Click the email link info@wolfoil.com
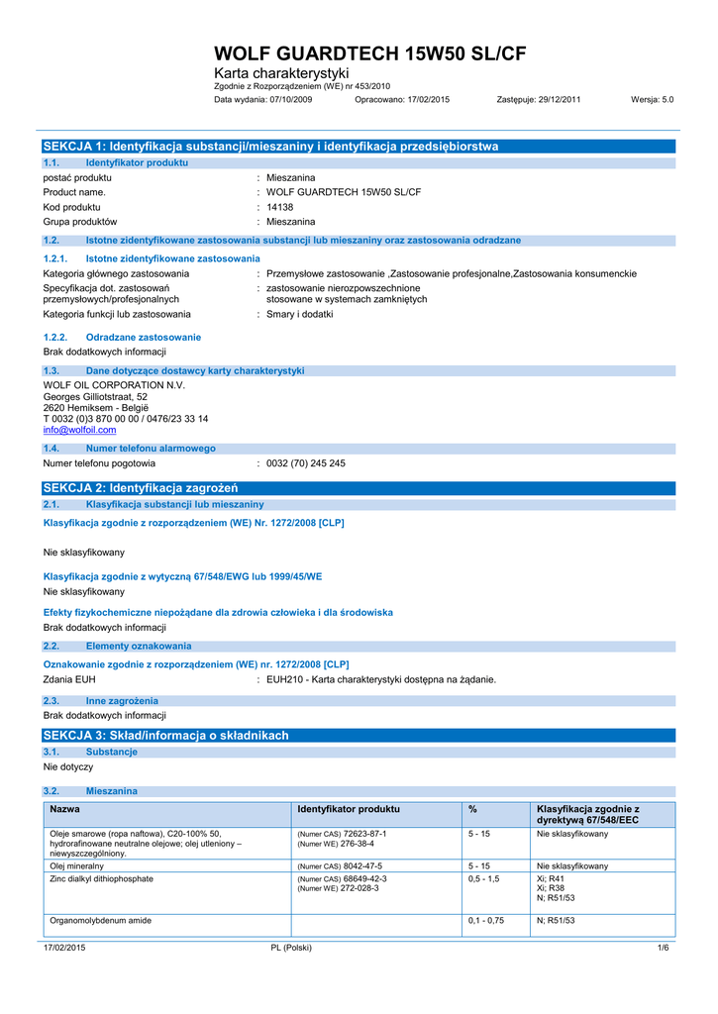[79, 430]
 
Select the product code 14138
[280, 207]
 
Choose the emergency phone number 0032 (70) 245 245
[306, 463]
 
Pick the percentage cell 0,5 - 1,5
[484, 878]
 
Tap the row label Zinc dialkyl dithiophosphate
[101, 878]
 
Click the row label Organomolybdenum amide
[100, 920]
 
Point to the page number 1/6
[664, 948]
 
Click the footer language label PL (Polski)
[291, 948]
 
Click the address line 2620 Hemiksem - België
[95, 407]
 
